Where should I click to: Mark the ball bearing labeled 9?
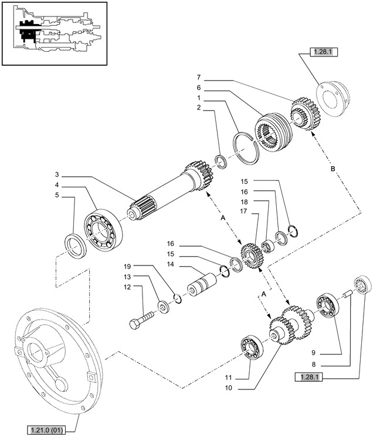(325, 307)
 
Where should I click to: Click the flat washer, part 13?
(162, 306)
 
